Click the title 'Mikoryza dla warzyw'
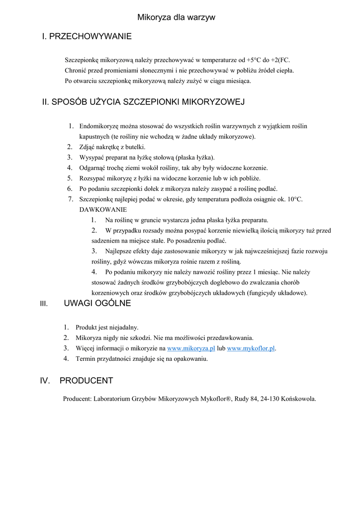177,17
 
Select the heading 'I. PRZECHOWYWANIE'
87,36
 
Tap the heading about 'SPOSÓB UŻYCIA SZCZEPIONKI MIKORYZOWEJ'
143,102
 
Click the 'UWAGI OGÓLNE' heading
97,303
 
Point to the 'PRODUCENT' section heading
86,381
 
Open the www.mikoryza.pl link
191,348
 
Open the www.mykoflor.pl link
251,348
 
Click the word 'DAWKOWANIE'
103,209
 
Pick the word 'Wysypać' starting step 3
91,158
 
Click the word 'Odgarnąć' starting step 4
92,168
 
